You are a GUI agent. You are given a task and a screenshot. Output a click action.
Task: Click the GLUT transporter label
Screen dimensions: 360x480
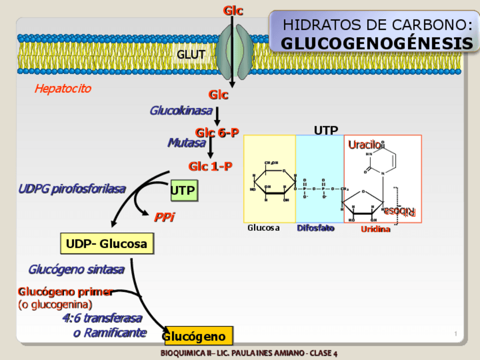pos(190,55)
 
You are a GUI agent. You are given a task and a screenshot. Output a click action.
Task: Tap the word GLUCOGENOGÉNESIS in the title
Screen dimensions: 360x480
pos(377,44)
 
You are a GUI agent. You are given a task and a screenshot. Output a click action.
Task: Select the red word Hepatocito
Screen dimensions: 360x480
pos(62,89)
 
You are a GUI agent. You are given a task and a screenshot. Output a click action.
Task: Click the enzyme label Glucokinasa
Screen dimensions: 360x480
pos(181,111)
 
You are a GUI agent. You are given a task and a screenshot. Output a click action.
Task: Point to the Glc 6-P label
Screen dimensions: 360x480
pos(217,132)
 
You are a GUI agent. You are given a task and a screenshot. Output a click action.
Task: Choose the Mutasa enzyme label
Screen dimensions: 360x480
pos(186,143)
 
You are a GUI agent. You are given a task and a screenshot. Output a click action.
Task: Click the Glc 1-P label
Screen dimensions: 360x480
pos(211,166)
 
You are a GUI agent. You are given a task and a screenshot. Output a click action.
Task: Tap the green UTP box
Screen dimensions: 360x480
pos(183,191)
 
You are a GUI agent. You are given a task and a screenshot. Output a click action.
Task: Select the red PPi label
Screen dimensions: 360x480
pos(164,217)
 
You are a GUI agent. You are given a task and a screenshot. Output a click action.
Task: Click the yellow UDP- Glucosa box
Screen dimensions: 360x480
pos(106,244)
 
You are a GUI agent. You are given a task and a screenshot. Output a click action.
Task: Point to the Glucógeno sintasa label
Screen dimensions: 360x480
pos(76,269)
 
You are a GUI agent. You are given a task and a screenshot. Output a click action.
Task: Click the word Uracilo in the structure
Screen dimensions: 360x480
pos(364,145)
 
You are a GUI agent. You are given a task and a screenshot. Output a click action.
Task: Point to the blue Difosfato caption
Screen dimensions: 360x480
pos(315,228)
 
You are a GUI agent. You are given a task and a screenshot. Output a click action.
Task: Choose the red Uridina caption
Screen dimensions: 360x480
pos(375,229)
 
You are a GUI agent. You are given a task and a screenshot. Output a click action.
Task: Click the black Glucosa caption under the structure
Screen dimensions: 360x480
pos(263,228)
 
